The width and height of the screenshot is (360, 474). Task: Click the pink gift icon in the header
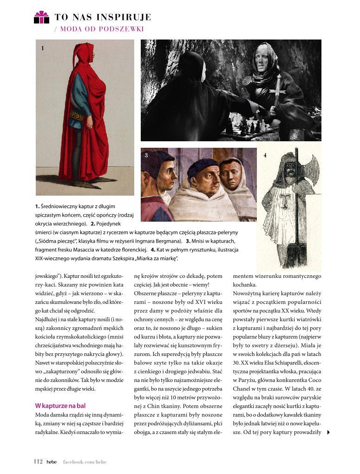coord(41,17)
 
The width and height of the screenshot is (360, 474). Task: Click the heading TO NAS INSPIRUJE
coord(103,18)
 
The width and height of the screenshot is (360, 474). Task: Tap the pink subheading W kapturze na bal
coord(60,406)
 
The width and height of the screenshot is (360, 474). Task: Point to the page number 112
coord(38,461)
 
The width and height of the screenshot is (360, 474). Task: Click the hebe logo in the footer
coord(52,461)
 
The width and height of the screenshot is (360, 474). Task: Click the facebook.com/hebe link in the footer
coord(85,461)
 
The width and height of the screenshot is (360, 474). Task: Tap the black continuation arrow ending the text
coord(328,432)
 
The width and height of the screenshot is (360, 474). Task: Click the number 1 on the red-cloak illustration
coord(42,48)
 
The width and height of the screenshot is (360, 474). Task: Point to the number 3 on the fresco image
coord(146,155)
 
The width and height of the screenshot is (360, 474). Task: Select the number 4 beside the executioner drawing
coord(265,155)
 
